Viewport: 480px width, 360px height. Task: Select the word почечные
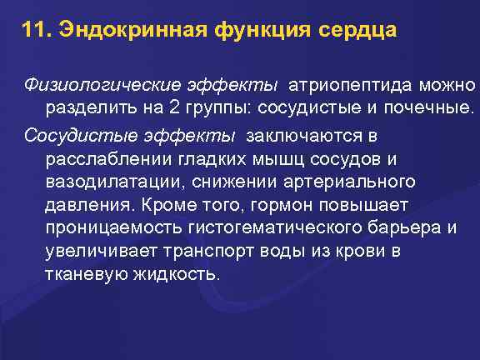pyautogui.click(x=429, y=107)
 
